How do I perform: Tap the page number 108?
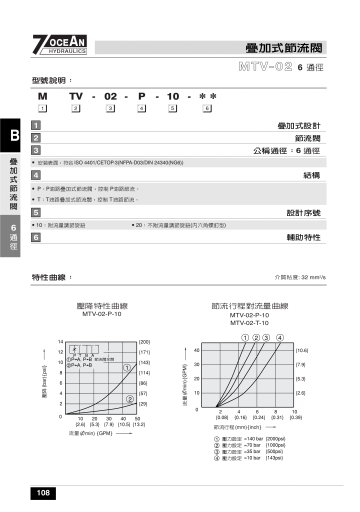(x=43, y=493)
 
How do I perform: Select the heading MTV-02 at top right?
(x=265, y=66)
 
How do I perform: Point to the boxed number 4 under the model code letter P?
(x=141, y=109)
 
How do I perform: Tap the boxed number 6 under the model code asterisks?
(x=206, y=109)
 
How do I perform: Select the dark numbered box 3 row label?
(x=36, y=150)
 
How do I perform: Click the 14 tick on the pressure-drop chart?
(x=60, y=342)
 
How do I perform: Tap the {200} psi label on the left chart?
(x=144, y=342)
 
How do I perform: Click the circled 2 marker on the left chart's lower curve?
(x=129, y=399)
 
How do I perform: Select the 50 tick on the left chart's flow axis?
(x=137, y=418)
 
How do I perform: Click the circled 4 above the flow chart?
(x=280, y=337)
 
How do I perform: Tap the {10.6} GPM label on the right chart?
(x=302, y=350)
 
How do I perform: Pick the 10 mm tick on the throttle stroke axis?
(x=294, y=411)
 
